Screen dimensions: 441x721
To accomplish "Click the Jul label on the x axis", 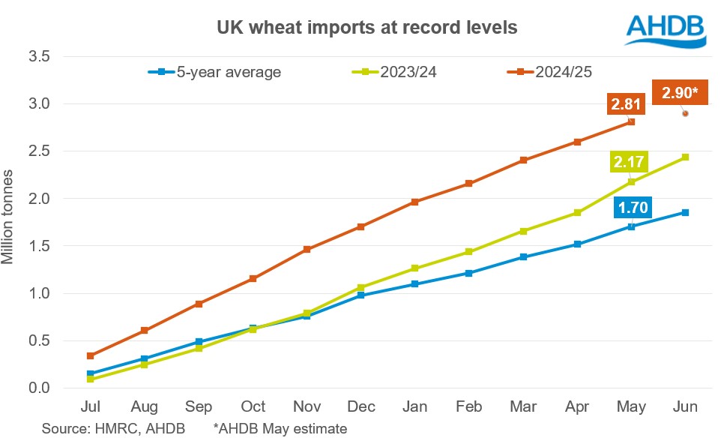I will tap(90, 406).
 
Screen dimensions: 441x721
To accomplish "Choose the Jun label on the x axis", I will tap(685, 406).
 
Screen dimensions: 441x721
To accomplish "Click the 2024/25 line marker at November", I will tap(307, 249).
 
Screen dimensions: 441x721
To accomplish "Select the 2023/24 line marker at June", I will tap(685, 157).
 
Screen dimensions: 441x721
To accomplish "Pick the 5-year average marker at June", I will tap(685, 212).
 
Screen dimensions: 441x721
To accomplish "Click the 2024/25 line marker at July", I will tap(90, 355).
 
